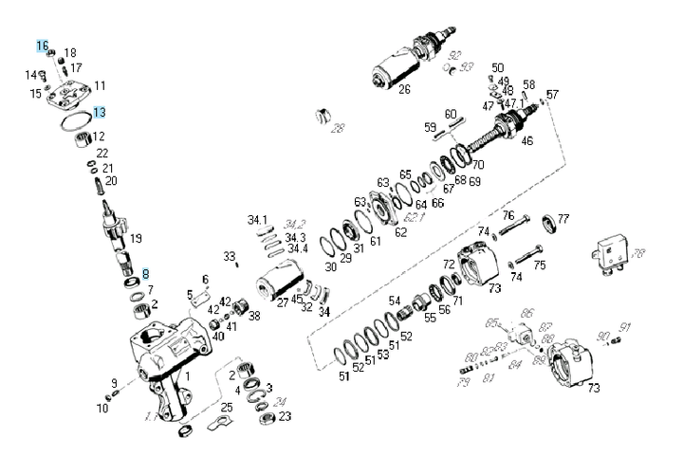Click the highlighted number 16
tap(42, 46)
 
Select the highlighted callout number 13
tap(99, 112)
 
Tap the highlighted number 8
tap(145, 273)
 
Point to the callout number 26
tap(404, 91)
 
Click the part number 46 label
tap(527, 141)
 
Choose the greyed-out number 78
tap(638, 253)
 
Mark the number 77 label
tap(563, 219)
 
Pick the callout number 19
tap(136, 238)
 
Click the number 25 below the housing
tap(226, 408)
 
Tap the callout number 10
tap(102, 409)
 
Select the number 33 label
tap(229, 256)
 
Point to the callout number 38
tap(253, 316)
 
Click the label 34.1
tap(258, 220)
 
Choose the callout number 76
tap(508, 215)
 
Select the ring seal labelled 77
tap(549, 225)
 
